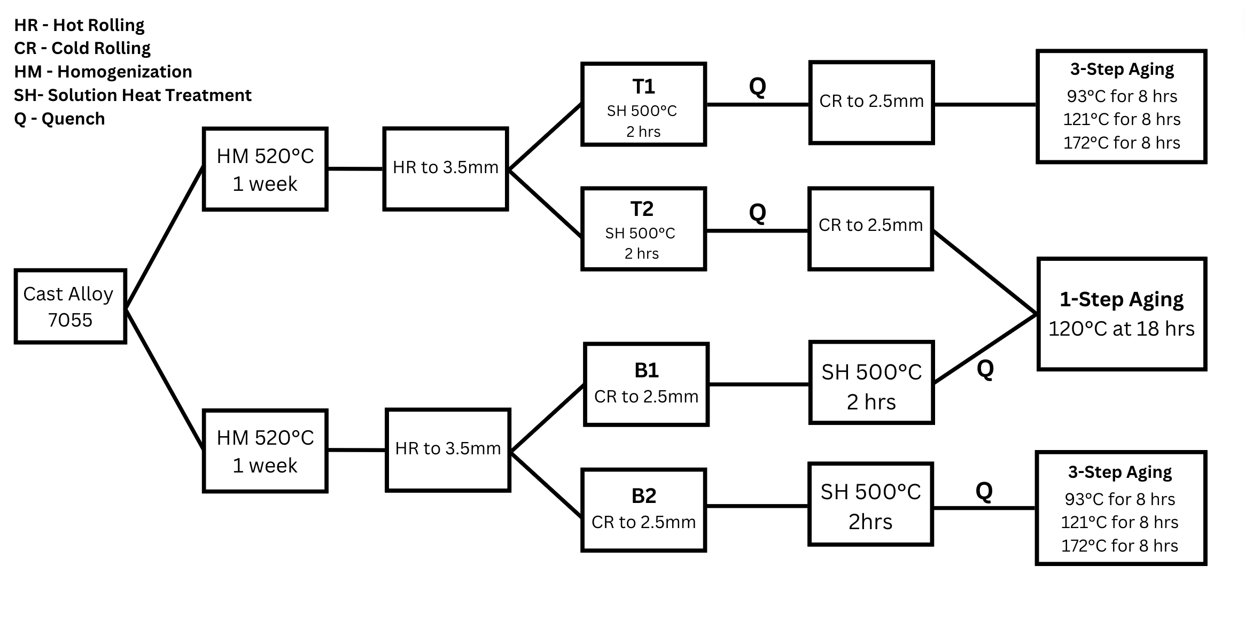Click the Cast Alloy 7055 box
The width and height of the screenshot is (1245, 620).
(x=70, y=306)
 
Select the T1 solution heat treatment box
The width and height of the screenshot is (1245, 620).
(x=643, y=105)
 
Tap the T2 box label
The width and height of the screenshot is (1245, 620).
(x=642, y=209)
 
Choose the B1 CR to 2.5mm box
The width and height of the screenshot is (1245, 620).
(x=646, y=385)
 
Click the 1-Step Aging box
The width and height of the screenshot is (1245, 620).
(x=1121, y=314)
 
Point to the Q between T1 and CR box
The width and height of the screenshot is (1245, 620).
(x=757, y=86)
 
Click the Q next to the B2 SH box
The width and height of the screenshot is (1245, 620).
(x=984, y=491)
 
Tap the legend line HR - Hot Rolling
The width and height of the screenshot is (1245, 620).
(x=79, y=25)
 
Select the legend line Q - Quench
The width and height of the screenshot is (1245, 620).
(x=59, y=119)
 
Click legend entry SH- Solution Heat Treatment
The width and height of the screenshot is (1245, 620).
(x=133, y=95)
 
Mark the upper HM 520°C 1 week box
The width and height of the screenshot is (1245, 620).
(x=265, y=169)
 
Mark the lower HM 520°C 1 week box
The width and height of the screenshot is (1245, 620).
(x=265, y=451)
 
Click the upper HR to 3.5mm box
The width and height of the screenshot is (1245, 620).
(x=445, y=168)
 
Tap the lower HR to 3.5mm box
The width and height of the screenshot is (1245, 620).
(x=448, y=450)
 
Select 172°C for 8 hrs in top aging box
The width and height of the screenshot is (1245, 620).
(x=1121, y=143)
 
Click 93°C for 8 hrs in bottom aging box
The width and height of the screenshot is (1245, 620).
(x=1119, y=499)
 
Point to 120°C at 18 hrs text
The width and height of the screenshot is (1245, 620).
(x=1121, y=329)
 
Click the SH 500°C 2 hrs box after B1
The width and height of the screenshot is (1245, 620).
(x=871, y=383)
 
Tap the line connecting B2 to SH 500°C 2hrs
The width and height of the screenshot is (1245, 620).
(x=757, y=506)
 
